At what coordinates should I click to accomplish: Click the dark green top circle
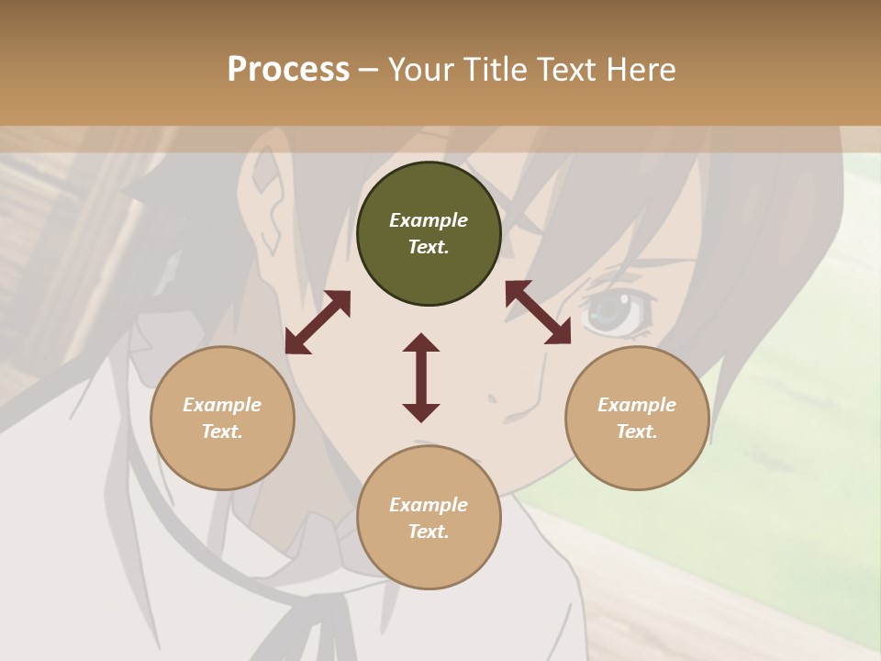tap(429, 234)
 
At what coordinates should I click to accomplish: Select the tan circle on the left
tap(222, 419)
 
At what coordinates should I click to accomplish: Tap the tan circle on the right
tap(637, 419)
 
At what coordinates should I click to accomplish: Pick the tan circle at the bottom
tap(429, 518)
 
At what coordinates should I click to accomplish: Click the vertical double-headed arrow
tap(421, 377)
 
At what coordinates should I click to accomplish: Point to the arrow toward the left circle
tap(318, 322)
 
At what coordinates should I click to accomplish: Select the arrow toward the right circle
tap(538, 312)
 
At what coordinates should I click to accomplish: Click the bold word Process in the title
tap(288, 69)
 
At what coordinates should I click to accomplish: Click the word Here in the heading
tap(642, 69)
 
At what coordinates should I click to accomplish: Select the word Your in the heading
tap(421, 69)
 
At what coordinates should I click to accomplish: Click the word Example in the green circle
tap(429, 220)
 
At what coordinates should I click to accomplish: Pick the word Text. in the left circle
tap(222, 431)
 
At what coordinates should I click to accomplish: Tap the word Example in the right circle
tap(637, 405)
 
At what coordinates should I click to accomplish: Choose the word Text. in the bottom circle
tap(429, 532)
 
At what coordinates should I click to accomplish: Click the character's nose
tap(493, 398)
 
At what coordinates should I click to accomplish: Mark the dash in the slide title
tap(368, 70)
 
